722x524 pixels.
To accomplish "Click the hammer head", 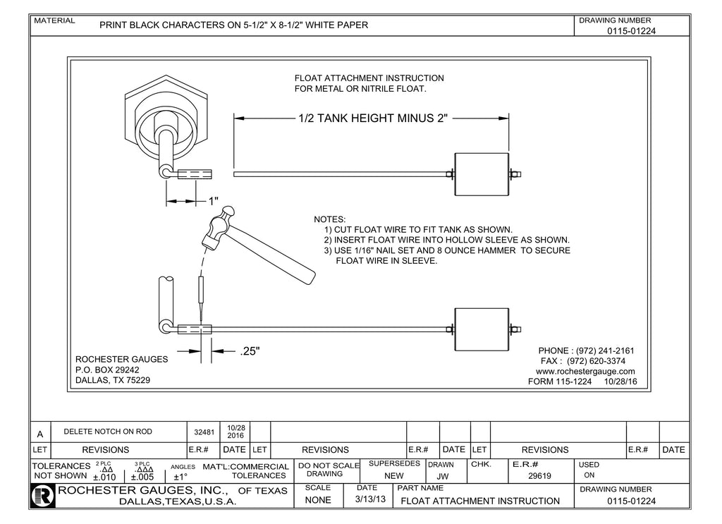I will click(x=220, y=226).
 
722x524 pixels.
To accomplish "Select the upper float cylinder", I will click(x=482, y=174).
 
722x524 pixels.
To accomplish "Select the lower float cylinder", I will click(x=482, y=329).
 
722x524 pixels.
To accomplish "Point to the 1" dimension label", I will click(x=213, y=201).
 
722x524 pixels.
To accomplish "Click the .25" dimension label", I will click(x=250, y=351).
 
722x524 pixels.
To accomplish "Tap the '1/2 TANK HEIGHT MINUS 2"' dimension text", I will click(x=373, y=118).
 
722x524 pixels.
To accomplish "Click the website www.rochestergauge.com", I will click(x=585, y=371).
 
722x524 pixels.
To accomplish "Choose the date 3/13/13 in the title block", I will click(x=370, y=501).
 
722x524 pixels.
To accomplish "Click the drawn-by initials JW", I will click(x=443, y=476).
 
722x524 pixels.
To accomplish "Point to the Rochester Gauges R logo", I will click(x=44, y=496).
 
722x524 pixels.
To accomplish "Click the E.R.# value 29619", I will click(x=539, y=476).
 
